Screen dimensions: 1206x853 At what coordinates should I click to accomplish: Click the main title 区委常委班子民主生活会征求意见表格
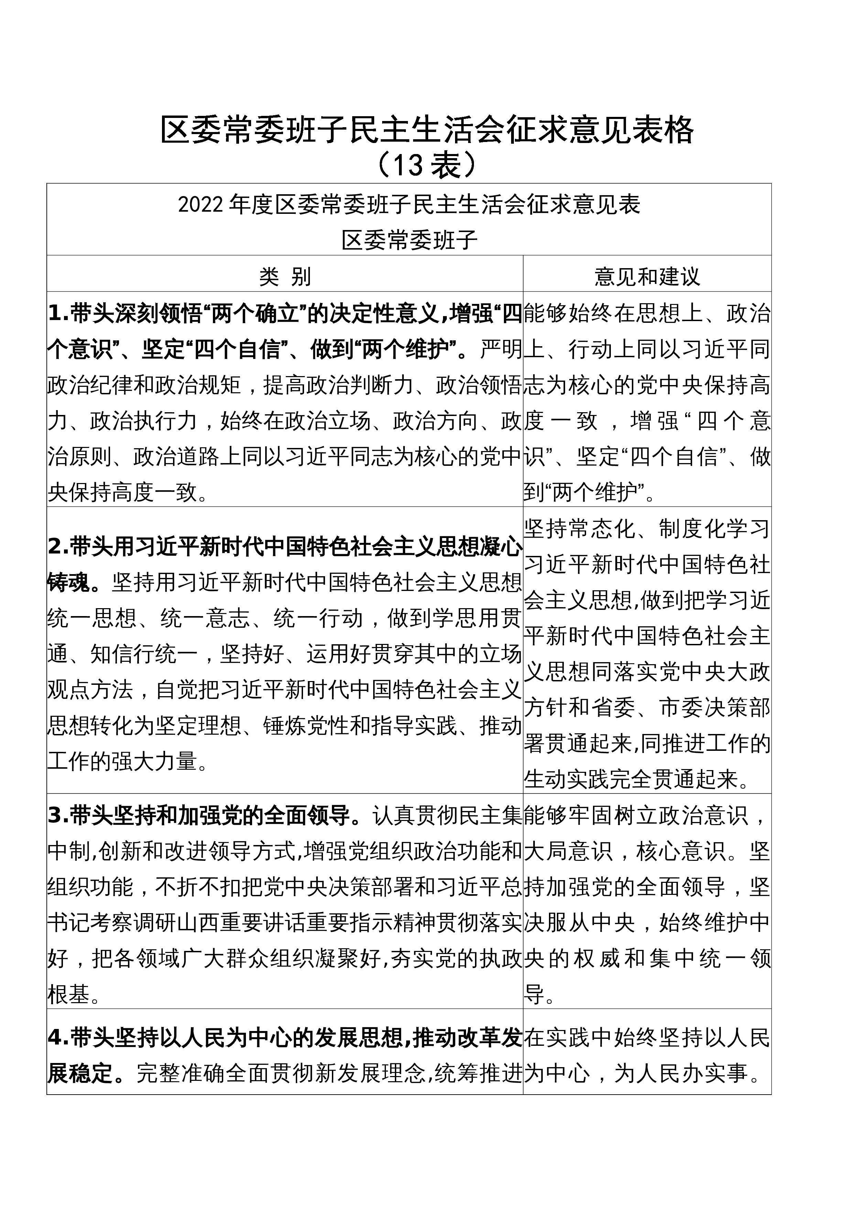[x=426, y=130]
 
